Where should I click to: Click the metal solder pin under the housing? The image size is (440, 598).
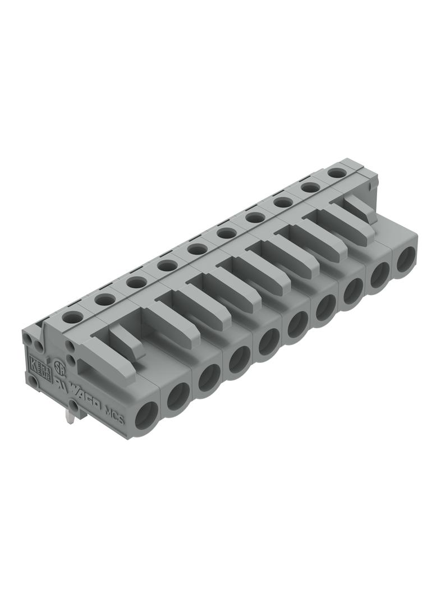coord(70,415)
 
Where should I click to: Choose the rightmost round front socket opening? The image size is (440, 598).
coord(405,261)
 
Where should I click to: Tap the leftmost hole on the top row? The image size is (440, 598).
coord(72,318)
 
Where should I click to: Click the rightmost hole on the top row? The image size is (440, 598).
coord(337,173)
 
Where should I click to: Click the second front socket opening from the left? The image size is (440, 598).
coord(178,395)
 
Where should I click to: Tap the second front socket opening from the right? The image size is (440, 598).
coord(380,275)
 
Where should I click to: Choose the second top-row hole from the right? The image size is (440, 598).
coord(310,187)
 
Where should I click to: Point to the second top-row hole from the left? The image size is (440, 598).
coord(104,300)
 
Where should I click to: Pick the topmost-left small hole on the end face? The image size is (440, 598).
coord(29,338)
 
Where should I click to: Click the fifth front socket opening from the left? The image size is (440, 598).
coord(269,341)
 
